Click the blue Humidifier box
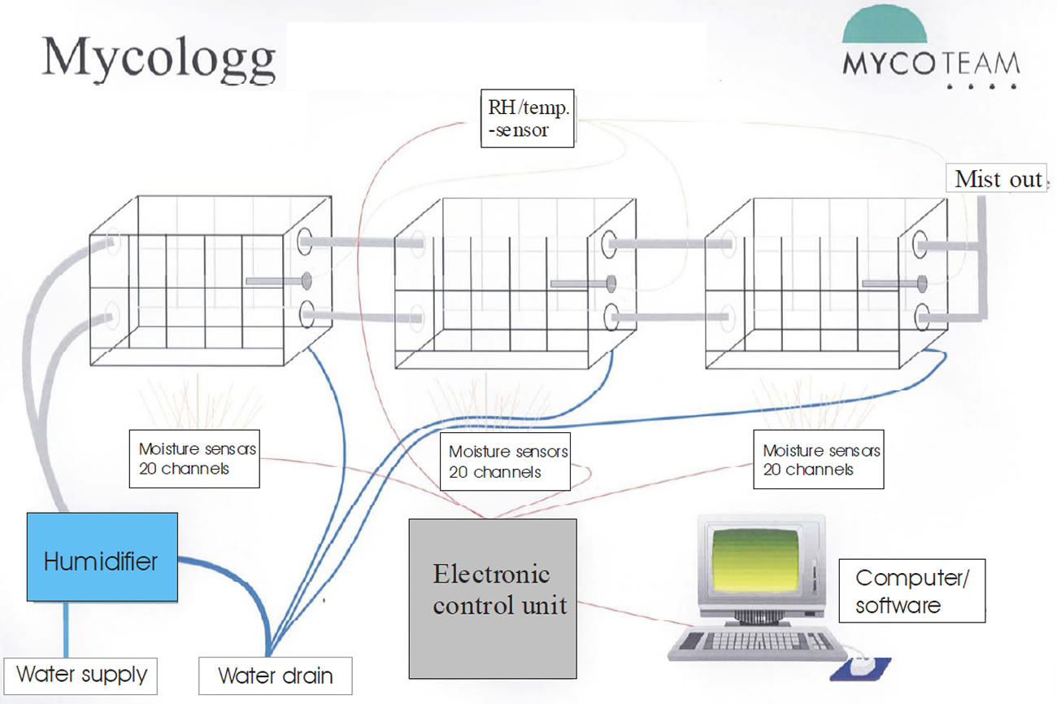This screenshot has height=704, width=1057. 102,557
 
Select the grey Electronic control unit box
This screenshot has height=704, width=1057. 492,598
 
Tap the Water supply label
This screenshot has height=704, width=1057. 81,675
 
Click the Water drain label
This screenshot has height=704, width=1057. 276,676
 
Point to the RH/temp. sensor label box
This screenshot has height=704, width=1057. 527,118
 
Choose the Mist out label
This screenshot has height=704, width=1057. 998,179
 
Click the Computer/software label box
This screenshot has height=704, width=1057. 911,591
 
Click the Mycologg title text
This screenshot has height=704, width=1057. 159,59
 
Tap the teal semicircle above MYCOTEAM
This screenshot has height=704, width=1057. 885,28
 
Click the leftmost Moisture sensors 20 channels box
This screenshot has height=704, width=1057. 194,460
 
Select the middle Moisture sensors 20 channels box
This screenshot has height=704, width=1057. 504,461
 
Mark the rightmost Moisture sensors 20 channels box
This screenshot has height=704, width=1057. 818,461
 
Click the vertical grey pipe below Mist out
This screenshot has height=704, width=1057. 982,252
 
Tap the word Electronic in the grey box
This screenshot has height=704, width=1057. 491,575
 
